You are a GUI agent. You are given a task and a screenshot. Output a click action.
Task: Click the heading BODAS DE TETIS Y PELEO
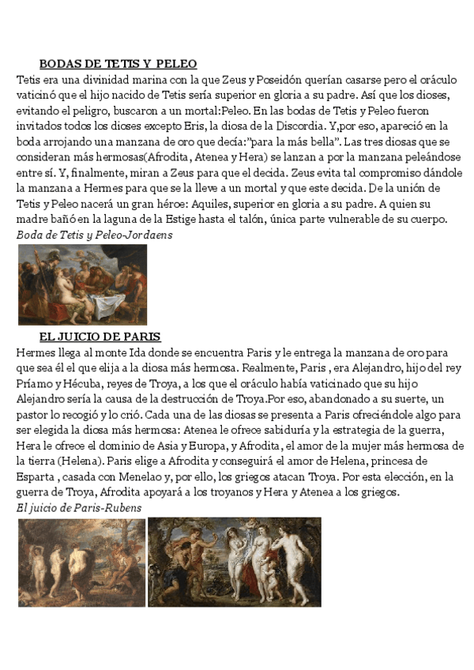tap(118, 64)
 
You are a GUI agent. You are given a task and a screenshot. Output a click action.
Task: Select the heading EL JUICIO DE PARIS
tap(100, 337)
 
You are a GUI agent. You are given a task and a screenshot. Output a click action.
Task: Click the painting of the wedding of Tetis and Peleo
tap(82, 284)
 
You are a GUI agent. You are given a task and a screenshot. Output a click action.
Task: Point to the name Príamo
tap(36, 382)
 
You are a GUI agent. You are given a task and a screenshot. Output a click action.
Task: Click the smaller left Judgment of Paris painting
tap(81, 562)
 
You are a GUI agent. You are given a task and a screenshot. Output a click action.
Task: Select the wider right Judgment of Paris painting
tap(235, 562)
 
